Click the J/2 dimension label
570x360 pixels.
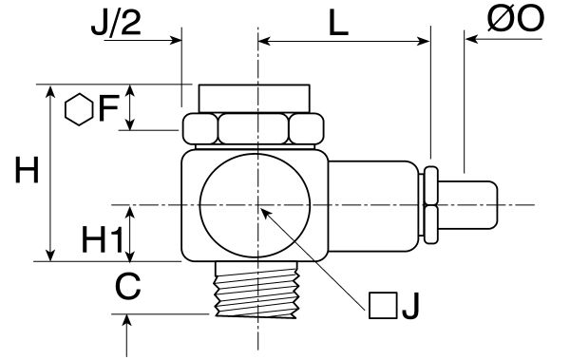point(116,24)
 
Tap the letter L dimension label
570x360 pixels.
point(338,24)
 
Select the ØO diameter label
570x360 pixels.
point(516,19)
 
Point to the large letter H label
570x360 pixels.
point(27,169)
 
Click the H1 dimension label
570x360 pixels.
point(103,239)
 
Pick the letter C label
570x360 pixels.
point(128,287)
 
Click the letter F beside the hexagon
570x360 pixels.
point(108,108)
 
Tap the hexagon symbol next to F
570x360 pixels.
point(79,110)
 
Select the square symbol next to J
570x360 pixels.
point(383,306)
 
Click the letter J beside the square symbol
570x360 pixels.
point(410,306)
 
